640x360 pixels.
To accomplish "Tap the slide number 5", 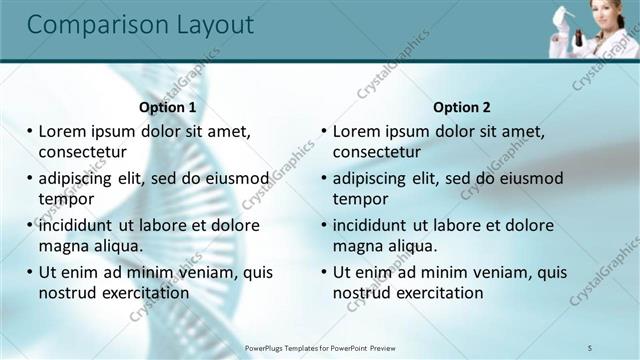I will [591, 347].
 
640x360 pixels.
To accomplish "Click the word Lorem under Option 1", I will [63, 131].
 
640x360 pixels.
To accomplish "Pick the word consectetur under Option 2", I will [377, 153].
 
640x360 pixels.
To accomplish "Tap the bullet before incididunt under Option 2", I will [324, 226].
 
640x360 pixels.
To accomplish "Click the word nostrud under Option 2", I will [359, 293].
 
